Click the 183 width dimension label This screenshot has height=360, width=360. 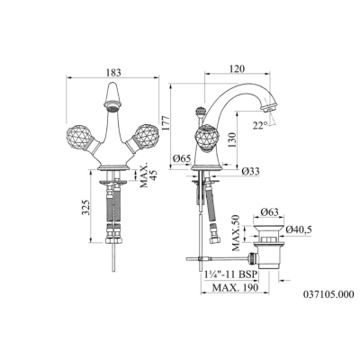point(113,72)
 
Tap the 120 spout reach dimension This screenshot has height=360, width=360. point(238,68)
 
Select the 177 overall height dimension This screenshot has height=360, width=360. point(165,122)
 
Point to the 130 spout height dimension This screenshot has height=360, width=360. point(232,140)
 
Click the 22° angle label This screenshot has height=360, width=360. point(260,125)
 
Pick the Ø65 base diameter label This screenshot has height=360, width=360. point(182,158)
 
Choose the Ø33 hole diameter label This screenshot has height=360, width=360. point(250,171)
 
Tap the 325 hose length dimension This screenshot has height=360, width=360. point(86,208)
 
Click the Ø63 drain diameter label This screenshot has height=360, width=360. point(269,212)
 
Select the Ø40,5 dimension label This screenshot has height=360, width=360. point(299,229)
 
